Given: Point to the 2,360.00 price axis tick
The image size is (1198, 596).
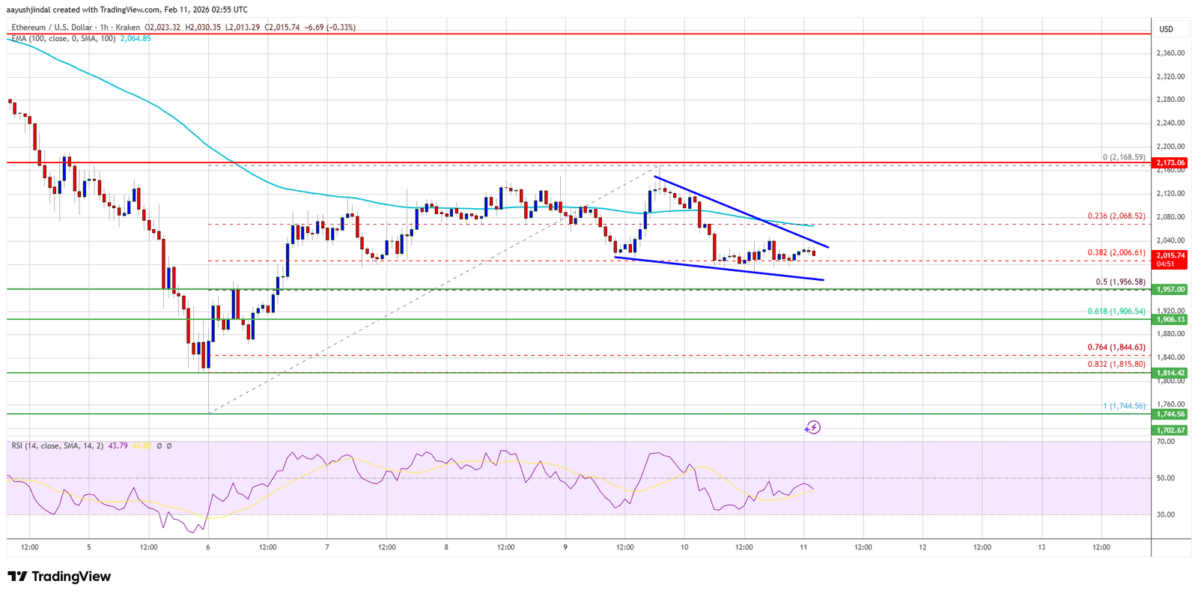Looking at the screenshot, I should tap(1170, 53).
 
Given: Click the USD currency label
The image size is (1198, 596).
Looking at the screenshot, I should tap(1166, 29).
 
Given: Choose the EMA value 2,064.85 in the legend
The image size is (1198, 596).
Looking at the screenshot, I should tap(136, 38).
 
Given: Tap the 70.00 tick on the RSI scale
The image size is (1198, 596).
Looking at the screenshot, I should tap(1165, 442).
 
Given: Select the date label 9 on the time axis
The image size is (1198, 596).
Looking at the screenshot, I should tap(565, 547).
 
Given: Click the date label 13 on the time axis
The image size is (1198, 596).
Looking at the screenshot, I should tap(1042, 547).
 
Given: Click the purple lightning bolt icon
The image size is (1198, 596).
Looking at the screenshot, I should tap(812, 428).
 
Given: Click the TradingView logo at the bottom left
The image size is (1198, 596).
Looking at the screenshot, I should tap(59, 577).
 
